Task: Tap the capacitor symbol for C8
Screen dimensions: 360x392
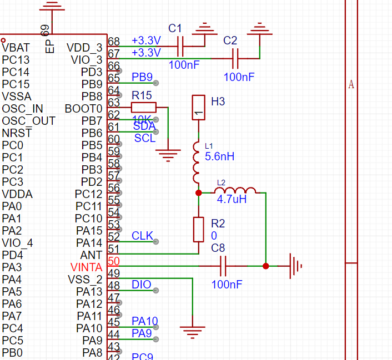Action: tap(224, 266)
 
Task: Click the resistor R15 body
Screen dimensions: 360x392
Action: tap(143, 107)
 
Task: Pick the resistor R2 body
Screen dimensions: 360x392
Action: tap(199, 230)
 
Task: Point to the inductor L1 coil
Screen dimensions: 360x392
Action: tap(198, 162)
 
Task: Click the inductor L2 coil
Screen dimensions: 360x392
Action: tap(235, 191)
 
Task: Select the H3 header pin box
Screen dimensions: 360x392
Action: tap(199, 108)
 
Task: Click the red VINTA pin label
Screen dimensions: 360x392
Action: tap(86, 267)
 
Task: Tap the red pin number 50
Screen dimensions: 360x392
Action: tap(114, 262)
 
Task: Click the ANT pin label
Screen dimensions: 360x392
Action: tap(91, 255)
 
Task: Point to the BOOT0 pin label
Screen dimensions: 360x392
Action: tap(83, 108)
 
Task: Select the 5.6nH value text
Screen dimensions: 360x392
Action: tap(219, 156)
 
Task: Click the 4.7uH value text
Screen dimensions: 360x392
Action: tap(232, 199)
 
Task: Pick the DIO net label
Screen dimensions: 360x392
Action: tap(141, 285)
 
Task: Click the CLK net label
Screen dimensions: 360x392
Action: tap(142, 236)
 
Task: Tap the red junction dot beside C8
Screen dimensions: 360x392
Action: tap(265, 266)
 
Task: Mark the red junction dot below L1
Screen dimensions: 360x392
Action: tap(199, 192)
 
